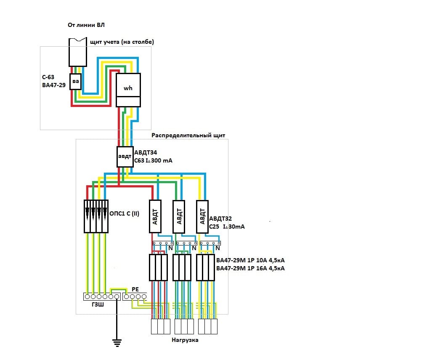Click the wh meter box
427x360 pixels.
click(128, 90)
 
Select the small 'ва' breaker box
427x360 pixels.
click(75, 82)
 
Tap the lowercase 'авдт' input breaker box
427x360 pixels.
click(125, 157)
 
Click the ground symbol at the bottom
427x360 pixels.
click(117, 343)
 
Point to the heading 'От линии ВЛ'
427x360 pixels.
click(86, 25)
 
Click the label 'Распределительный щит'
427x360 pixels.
click(188, 136)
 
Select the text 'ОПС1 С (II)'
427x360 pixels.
click(124, 213)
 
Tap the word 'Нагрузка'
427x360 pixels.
click(185, 340)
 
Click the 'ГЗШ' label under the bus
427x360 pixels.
click(98, 304)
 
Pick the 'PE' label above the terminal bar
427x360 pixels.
click(135, 289)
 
